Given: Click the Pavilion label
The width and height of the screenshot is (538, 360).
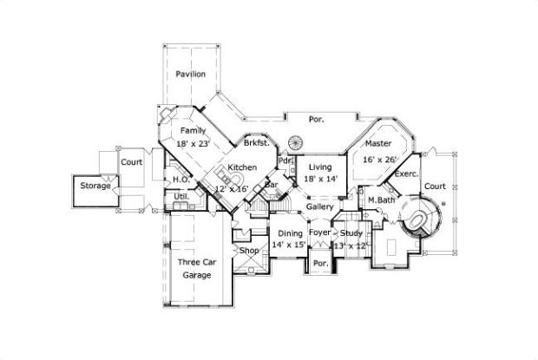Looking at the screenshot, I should click(x=190, y=75).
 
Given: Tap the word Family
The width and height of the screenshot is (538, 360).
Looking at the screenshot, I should click(x=193, y=131).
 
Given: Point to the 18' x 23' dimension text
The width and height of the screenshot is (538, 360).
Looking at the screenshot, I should click(x=194, y=144).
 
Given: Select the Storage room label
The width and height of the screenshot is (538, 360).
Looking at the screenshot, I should click(x=95, y=186).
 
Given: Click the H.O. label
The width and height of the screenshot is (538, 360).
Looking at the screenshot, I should click(x=180, y=180).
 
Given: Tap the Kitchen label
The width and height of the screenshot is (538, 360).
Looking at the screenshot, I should click(x=242, y=167).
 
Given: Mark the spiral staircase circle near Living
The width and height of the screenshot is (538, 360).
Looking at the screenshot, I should click(x=297, y=142).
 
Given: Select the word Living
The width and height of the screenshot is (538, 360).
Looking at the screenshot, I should click(x=322, y=167).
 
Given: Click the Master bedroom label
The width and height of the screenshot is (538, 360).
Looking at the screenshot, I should click(x=377, y=143).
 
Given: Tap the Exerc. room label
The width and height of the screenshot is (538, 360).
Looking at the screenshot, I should click(x=407, y=173).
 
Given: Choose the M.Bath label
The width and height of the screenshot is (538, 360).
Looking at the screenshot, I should click(x=382, y=200).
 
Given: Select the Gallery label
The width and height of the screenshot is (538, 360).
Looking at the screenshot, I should click(x=320, y=207).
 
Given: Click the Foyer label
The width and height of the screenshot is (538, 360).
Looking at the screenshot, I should click(x=320, y=232).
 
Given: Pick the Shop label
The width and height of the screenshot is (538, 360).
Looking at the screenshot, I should click(x=250, y=251).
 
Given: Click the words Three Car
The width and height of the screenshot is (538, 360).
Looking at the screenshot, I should click(x=196, y=261).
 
